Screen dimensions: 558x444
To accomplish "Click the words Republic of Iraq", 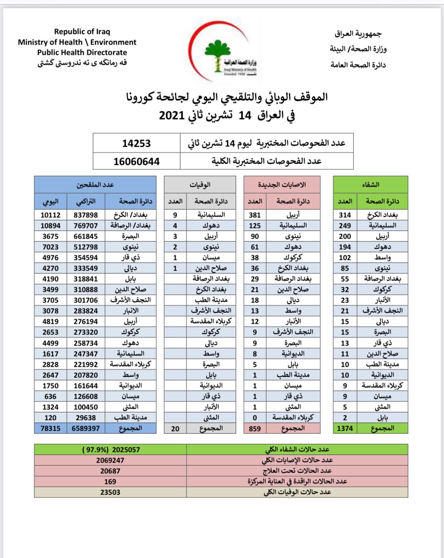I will [82, 32].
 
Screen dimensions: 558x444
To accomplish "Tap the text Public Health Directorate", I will [82, 52].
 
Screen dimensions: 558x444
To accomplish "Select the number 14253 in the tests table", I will [137, 144].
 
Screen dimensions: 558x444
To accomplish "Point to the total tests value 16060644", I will [137, 162].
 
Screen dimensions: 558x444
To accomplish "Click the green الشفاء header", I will [370, 185].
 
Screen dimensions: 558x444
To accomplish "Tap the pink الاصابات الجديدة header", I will [282, 185].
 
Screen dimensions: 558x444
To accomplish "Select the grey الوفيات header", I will [200, 185].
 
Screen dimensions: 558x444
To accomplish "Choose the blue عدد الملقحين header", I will [95, 185].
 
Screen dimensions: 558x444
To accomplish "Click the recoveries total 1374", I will [345, 428].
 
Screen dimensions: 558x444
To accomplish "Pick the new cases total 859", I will [255, 428].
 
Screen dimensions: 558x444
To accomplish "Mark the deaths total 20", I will [175, 428].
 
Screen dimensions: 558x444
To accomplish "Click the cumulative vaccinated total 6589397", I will [86, 428].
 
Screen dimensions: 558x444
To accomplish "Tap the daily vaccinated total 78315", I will [51, 428].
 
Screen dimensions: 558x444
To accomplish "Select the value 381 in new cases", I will [255, 215].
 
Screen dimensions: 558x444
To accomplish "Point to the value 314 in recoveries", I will [345, 215].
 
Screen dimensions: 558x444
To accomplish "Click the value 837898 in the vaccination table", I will [86, 215].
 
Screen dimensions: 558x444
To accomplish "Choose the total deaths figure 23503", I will [110, 492].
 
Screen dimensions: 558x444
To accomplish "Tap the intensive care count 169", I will [110, 481].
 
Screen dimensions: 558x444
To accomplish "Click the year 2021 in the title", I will [172, 116].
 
